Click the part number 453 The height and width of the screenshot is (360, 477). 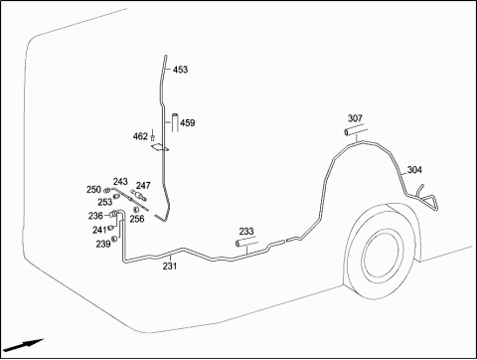point(180,70)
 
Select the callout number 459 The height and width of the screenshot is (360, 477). point(188,123)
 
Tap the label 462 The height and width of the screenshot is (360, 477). point(140,136)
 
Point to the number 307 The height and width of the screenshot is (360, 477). point(355,118)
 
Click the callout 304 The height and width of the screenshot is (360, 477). point(414,170)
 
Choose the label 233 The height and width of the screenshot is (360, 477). point(246,231)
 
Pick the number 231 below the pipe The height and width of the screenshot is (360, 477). point(170,266)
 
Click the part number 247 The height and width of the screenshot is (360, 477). point(143,185)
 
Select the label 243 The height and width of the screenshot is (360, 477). point(120,182)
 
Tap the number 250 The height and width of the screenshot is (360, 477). point(93,190)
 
